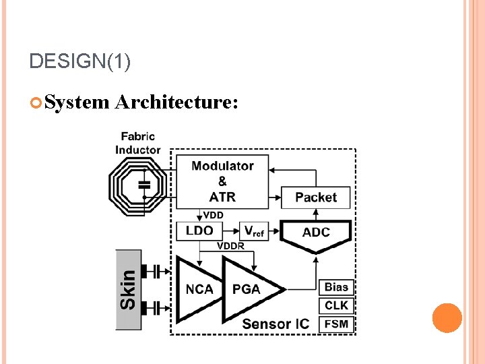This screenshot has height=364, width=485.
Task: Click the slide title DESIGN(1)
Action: click(80, 62)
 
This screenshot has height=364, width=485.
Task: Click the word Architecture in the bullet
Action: click(176, 102)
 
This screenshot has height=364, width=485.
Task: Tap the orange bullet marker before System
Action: click(36, 102)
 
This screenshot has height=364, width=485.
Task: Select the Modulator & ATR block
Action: click(222, 181)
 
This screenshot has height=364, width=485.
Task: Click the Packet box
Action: click(315, 198)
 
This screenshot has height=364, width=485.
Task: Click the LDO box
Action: click(199, 231)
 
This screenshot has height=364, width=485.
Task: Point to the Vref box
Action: click(253, 231)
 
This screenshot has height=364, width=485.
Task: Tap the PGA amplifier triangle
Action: click(247, 289)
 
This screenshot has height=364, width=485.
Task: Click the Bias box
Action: click(336, 286)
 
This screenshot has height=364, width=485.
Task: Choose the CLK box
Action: click(336, 305)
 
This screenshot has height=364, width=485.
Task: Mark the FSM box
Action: click(336, 324)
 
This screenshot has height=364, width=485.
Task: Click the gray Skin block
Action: click(129, 290)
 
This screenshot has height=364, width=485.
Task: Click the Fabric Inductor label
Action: click(138, 143)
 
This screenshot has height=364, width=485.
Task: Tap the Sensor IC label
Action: click(276, 324)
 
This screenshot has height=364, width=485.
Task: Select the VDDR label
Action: click(230, 246)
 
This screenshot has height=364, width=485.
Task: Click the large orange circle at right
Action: click(447, 318)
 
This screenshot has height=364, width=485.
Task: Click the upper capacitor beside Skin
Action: click(160, 272)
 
